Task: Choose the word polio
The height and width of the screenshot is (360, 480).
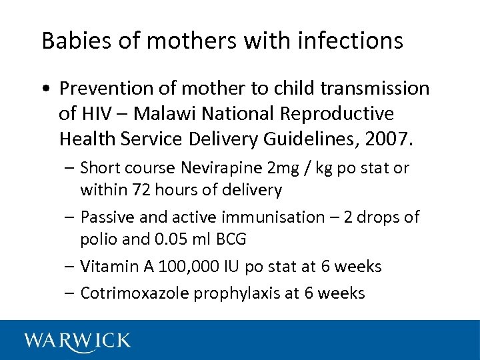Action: click(97, 239)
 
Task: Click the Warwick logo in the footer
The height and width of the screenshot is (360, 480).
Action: click(77, 341)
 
